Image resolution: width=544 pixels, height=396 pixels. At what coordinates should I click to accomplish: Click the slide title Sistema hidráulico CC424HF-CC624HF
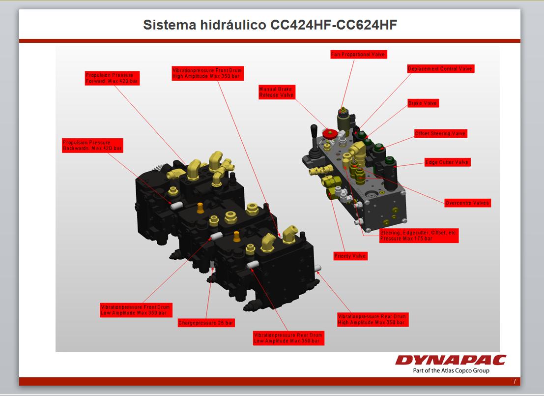coord(270,25)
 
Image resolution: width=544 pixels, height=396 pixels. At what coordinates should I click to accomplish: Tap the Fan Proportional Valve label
coord(359,55)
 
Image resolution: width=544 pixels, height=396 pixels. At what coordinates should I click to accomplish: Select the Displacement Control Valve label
coord(440,69)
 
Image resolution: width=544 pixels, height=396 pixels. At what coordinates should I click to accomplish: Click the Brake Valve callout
coord(423,103)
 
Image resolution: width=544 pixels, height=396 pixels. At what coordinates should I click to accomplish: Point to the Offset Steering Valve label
coord(440,134)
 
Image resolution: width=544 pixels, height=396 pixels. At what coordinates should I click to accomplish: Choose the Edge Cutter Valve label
coord(447,162)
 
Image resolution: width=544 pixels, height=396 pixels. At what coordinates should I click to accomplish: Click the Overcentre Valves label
coord(467,203)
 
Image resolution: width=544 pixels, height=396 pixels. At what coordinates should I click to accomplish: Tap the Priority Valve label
coord(350,256)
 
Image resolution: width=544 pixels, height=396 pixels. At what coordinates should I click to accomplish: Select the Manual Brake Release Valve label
coord(277,92)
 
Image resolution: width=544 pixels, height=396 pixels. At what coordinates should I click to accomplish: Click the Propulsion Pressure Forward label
coord(112,78)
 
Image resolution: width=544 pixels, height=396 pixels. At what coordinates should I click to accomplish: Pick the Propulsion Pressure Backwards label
coord(92,145)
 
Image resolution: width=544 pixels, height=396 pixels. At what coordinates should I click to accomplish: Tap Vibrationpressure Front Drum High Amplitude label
coord(207,73)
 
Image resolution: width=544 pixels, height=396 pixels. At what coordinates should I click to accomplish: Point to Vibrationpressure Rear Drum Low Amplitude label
coord(288,338)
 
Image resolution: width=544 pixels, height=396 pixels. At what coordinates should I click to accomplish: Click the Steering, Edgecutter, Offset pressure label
coord(418,236)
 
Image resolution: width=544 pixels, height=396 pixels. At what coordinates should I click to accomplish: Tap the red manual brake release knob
coord(330,133)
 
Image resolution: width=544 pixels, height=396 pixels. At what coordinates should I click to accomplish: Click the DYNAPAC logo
coord(450,361)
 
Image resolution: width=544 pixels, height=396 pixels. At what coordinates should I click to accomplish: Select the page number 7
coord(515,381)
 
